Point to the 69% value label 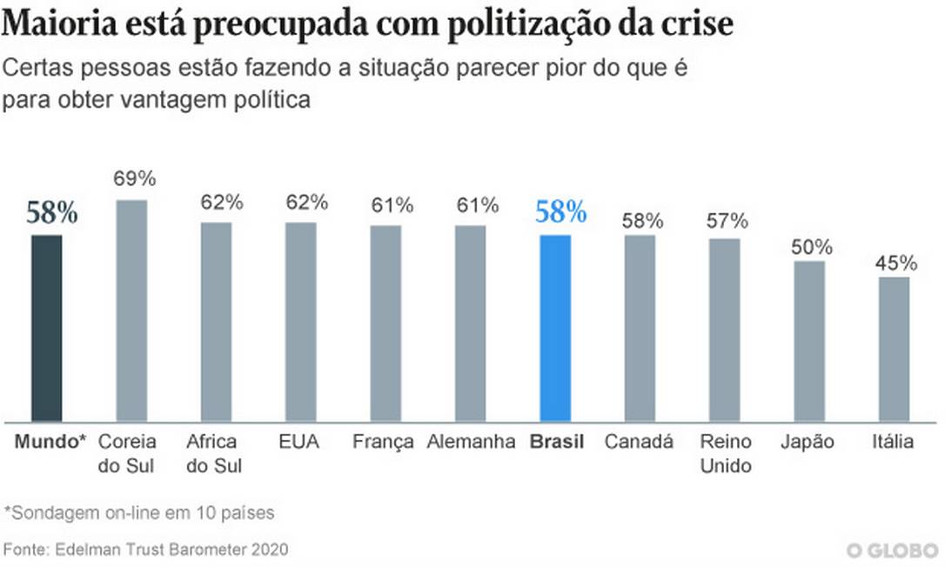135,179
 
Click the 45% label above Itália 895,263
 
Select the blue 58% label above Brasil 560,211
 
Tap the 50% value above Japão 812,247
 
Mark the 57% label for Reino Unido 727,221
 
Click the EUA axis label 299,442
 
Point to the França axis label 383,442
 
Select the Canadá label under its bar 639,442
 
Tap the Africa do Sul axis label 214,453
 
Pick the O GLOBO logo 892,550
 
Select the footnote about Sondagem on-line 139,512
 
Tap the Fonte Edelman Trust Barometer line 145,550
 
